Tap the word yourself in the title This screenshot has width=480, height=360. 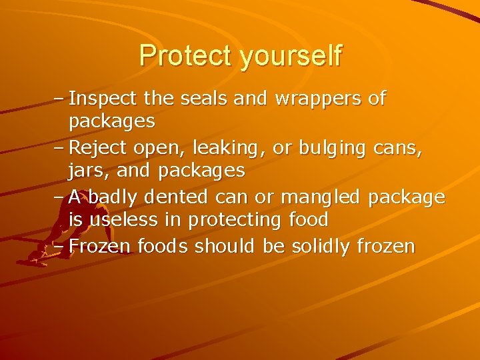click(291, 57)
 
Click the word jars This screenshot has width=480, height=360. click(89, 171)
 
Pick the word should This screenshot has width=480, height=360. click(225, 246)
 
